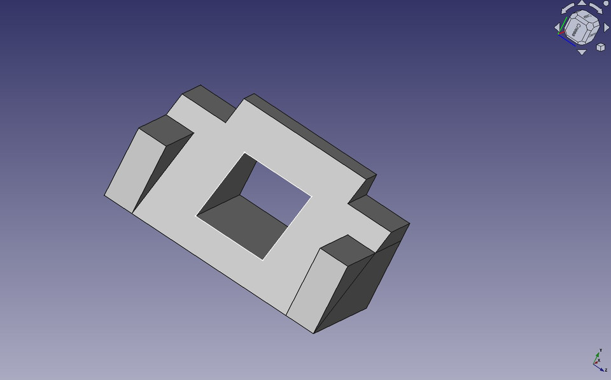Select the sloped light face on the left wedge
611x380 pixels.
click(x=130, y=167)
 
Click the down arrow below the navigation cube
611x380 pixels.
click(x=582, y=52)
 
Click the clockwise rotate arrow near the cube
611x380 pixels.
click(x=597, y=8)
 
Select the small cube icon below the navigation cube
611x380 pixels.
click(x=600, y=47)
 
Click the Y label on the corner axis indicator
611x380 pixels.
click(x=601, y=351)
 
